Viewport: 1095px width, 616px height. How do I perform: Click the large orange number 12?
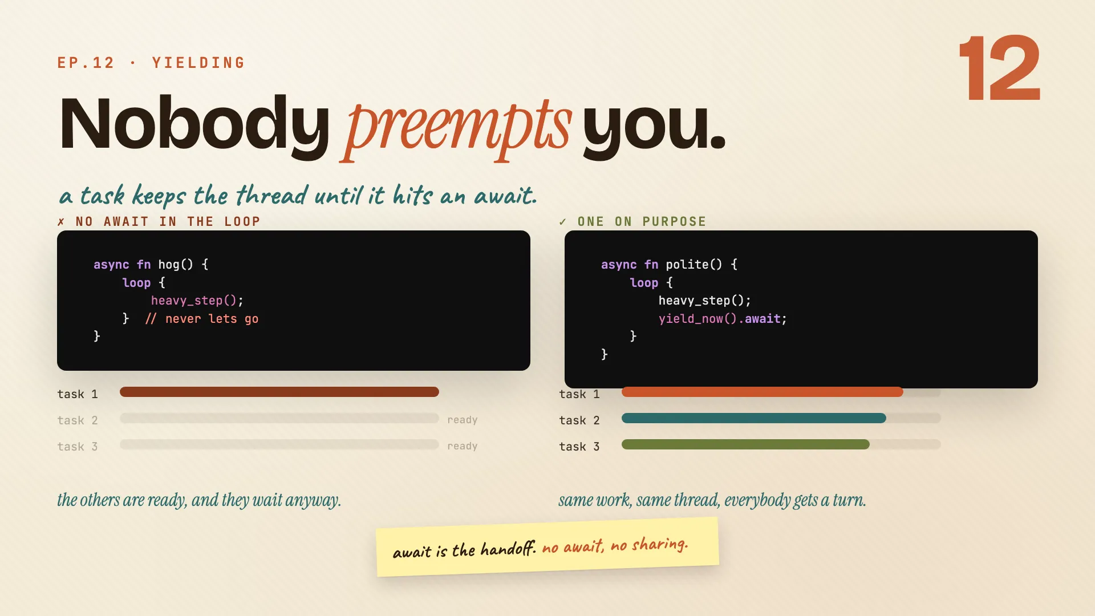[x=1000, y=68]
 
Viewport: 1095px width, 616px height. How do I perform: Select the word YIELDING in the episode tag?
[x=198, y=63]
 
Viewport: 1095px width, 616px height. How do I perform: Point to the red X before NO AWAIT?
[x=61, y=221]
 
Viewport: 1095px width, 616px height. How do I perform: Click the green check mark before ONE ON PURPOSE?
[x=563, y=221]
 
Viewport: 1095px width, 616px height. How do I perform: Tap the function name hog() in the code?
[x=176, y=265]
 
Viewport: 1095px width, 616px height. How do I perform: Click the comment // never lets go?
[x=201, y=319]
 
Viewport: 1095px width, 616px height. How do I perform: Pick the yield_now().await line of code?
[x=723, y=319]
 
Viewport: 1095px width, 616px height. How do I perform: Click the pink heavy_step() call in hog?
[x=197, y=301]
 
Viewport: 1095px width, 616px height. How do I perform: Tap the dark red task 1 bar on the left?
[x=279, y=392]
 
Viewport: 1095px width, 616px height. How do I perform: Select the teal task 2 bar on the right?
[x=754, y=418]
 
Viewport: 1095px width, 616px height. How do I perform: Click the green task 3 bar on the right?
[x=745, y=444]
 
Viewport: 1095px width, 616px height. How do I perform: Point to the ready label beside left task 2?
[x=463, y=420]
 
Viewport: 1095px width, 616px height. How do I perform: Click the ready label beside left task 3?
[x=463, y=447]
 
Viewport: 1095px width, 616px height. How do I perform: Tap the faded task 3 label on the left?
[x=78, y=447]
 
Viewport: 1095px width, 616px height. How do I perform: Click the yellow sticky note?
[x=547, y=547]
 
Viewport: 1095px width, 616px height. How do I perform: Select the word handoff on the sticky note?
[x=508, y=549]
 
